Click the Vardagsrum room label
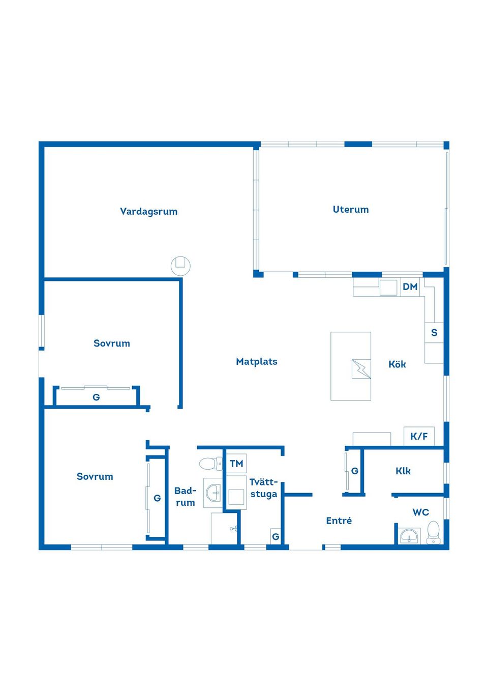point(148,212)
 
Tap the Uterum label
point(351,210)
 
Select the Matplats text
point(257,362)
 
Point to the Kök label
point(397,364)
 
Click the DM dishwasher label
point(410,287)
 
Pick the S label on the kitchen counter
point(434,333)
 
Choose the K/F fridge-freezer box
point(419,436)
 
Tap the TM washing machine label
point(236,464)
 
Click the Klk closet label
point(403,471)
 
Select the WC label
point(420,512)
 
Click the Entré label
point(339,521)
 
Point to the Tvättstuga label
point(264,488)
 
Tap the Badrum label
point(185,497)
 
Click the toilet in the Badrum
point(211,464)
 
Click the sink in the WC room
point(409,536)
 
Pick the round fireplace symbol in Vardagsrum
point(180,266)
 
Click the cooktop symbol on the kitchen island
point(361,369)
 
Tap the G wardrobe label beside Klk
point(355,471)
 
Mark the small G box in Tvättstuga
point(276,536)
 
